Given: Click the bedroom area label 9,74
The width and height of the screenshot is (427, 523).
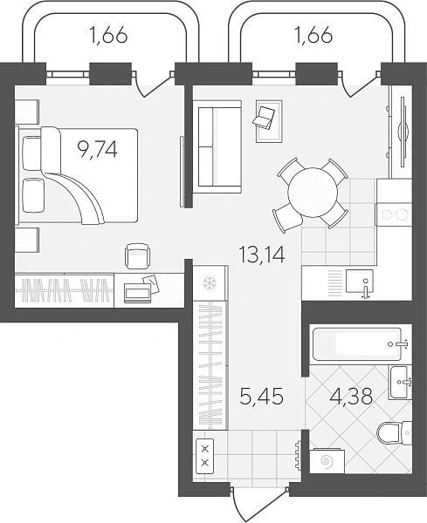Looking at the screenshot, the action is (x=97, y=149).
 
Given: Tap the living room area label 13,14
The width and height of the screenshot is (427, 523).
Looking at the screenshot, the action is (x=262, y=255).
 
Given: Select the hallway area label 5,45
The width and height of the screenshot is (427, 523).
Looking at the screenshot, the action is (x=262, y=397).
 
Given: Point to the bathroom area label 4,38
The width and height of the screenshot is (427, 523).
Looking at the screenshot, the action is (x=351, y=397).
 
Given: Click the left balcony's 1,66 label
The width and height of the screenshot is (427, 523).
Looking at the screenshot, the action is (x=108, y=35).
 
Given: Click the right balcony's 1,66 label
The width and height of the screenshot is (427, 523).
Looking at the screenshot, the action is (x=313, y=35).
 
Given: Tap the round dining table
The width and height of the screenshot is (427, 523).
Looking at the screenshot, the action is (x=313, y=193).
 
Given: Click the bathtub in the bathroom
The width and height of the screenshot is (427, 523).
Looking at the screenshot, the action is (x=357, y=344).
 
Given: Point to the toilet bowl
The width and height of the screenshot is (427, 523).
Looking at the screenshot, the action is (x=391, y=433).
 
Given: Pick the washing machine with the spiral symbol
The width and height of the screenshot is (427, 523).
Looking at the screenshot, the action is (x=327, y=461).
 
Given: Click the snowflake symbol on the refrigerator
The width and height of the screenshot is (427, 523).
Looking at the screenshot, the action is (x=210, y=283).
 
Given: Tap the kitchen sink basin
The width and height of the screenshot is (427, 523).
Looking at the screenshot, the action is (x=360, y=282).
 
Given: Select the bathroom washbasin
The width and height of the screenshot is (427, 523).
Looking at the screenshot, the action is (x=399, y=383).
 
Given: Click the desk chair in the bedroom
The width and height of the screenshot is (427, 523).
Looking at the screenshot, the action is (x=137, y=255).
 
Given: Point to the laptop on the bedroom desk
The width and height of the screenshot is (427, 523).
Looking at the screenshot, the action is (x=141, y=290).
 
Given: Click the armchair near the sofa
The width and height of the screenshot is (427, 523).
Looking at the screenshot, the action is (x=269, y=121).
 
